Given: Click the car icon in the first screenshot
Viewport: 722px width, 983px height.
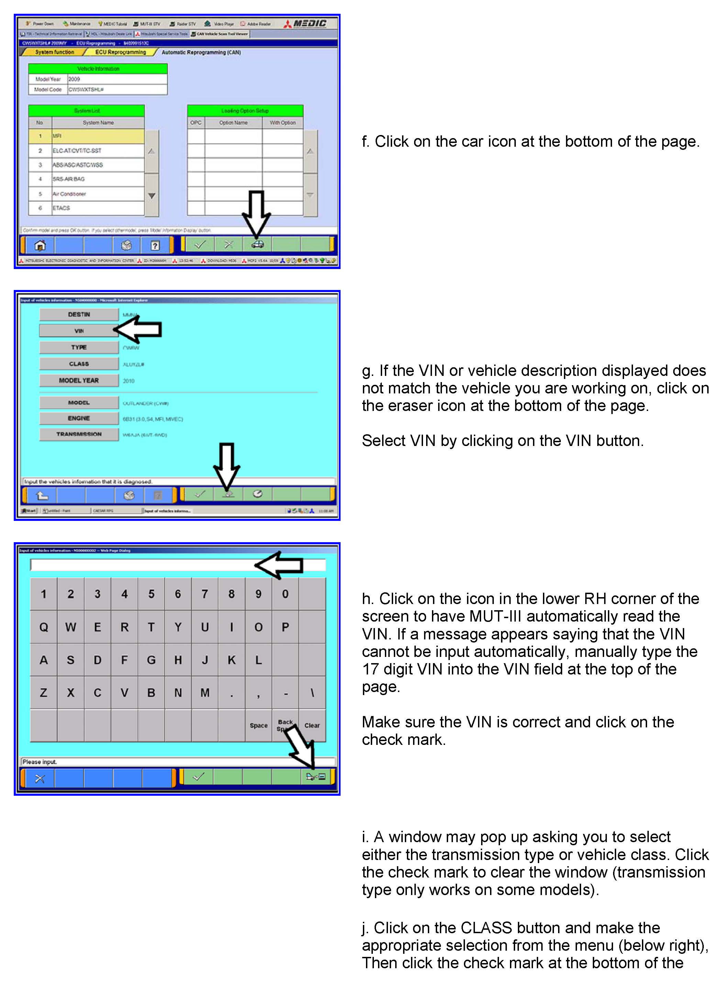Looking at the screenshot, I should coord(257,245).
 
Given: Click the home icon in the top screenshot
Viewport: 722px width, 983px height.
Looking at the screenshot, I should coord(40,246).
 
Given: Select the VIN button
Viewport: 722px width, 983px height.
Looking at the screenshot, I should coord(79,331).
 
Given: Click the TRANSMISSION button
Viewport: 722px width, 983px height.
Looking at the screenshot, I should coord(79,434).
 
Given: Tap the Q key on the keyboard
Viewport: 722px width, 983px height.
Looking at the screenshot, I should coord(44,627).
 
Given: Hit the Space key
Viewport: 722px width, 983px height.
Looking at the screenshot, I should coord(258,725).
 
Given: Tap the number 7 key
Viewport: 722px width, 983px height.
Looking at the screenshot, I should coord(204,594).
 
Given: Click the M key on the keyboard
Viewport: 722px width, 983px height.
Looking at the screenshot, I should coord(204,692).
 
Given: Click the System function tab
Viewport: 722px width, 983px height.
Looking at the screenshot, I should coord(55,52).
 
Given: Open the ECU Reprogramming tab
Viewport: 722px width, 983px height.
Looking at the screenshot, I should coord(121,52).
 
